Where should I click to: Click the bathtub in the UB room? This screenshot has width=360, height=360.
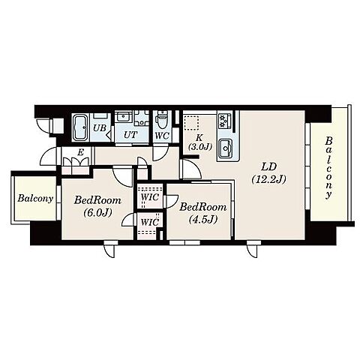pyautogui.click(x=79, y=127)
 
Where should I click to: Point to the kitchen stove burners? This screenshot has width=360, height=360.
pyautogui.click(x=224, y=121)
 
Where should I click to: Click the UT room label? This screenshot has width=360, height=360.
pyautogui.click(x=130, y=135)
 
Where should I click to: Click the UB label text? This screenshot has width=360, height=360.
pyautogui.click(x=99, y=128)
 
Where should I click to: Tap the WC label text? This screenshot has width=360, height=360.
pyautogui.click(x=162, y=136)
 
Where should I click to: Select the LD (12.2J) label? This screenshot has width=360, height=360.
pyautogui.click(x=268, y=172)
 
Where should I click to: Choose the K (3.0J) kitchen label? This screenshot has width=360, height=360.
pyautogui.click(x=199, y=142)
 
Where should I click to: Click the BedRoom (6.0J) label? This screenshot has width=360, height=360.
pyautogui.click(x=97, y=206)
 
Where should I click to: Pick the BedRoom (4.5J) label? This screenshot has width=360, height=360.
pyautogui.click(x=203, y=213)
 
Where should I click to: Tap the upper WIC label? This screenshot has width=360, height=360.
pyautogui.click(x=149, y=197)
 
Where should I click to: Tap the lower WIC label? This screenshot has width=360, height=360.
pyautogui.click(x=149, y=222)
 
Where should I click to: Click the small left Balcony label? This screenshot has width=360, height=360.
pyautogui.click(x=35, y=199)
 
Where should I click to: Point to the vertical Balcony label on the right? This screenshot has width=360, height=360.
pyautogui.click(x=328, y=167)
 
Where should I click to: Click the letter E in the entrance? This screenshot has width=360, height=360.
pyautogui.click(x=80, y=152)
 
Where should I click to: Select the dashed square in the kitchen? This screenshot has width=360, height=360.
pyautogui.click(x=191, y=122)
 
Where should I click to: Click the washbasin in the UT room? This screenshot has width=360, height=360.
pyautogui.click(x=123, y=117)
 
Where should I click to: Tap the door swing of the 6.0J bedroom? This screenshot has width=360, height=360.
pyautogui.click(x=122, y=176)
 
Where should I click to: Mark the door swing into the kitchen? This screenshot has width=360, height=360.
pyautogui.click(x=192, y=169)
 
